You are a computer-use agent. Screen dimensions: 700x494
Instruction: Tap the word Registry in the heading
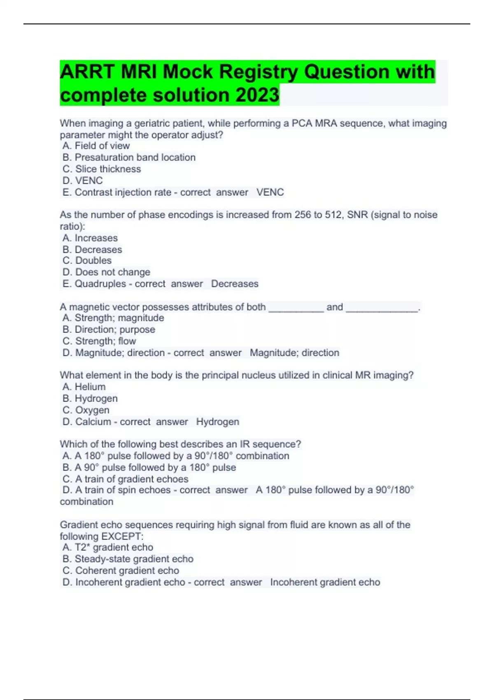(x=257, y=72)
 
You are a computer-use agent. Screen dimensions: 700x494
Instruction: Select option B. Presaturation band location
(x=129, y=157)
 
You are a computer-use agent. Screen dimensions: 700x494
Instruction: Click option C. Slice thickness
(x=102, y=169)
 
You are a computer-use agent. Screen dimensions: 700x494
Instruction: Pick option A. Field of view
(x=96, y=146)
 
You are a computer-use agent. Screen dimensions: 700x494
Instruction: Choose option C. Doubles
(x=87, y=261)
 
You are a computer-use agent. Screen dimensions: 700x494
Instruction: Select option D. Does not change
(x=106, y=272)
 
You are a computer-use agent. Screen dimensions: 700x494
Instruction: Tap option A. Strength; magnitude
(x=113, y=318)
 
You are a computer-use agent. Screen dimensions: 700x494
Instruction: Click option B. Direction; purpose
(x=109, y=329)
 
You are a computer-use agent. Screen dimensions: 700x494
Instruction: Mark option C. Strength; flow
(x=99, y=341)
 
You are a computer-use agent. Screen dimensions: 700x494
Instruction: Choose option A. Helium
(x=84, y=387)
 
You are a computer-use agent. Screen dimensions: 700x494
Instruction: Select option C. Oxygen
(x=86, y=410)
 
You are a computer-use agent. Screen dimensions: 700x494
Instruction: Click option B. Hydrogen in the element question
(x=90, y=398)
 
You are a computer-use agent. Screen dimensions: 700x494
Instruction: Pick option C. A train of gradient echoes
(x=126, y=479)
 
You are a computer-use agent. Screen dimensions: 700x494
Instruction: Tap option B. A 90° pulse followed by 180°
(x=149, y=467)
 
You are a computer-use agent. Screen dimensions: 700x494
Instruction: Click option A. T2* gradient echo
(x=108, y=547)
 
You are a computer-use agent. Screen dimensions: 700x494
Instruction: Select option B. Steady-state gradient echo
(x=128, y=559)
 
